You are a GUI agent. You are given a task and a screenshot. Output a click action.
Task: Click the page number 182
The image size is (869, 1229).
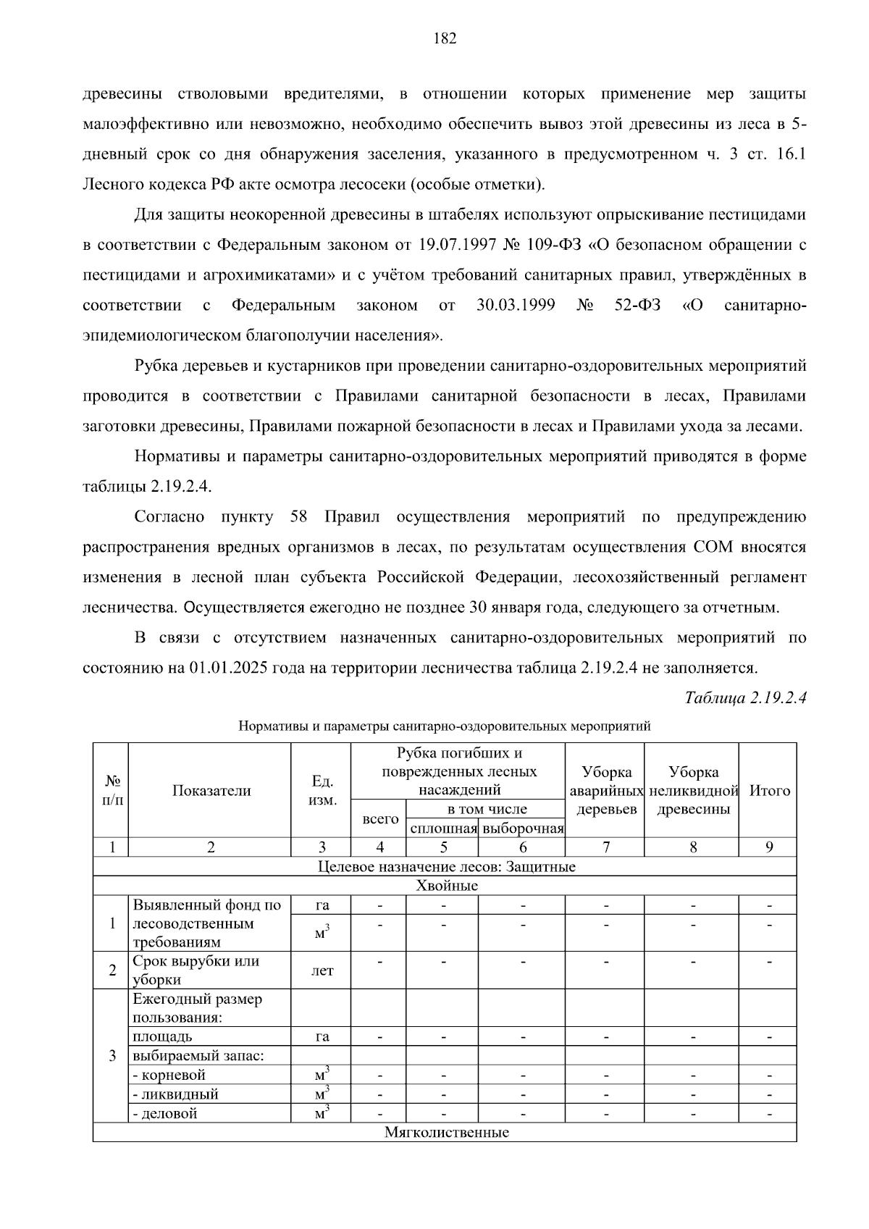point(445,38)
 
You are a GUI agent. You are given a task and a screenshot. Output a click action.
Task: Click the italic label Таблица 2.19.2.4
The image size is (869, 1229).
point(745,698)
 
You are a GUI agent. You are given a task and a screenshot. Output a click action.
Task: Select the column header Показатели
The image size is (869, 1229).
point(211,791)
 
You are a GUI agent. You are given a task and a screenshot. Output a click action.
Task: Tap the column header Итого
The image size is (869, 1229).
point(769,791)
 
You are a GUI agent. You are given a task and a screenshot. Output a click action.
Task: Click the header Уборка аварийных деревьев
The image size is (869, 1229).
point(606,791)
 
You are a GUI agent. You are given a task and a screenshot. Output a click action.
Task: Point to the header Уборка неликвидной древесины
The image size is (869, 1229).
point(693,791)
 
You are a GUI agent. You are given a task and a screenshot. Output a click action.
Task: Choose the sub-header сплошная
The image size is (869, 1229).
point(443,829)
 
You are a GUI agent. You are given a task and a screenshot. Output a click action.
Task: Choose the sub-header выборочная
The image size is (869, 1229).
point(523,829)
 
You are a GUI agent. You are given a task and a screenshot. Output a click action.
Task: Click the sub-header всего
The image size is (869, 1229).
point(379,819)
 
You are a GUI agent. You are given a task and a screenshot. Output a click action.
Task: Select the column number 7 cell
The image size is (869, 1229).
point(606,847)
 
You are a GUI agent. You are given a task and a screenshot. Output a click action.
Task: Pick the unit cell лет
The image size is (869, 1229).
point(322,970)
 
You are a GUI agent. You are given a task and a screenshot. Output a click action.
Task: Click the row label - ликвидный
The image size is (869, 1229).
point(175,1094)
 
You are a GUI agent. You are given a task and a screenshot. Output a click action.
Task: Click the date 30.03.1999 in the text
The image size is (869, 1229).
point(516,306)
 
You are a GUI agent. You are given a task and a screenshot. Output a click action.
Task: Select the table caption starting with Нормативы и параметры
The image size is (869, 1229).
point(445,726)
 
